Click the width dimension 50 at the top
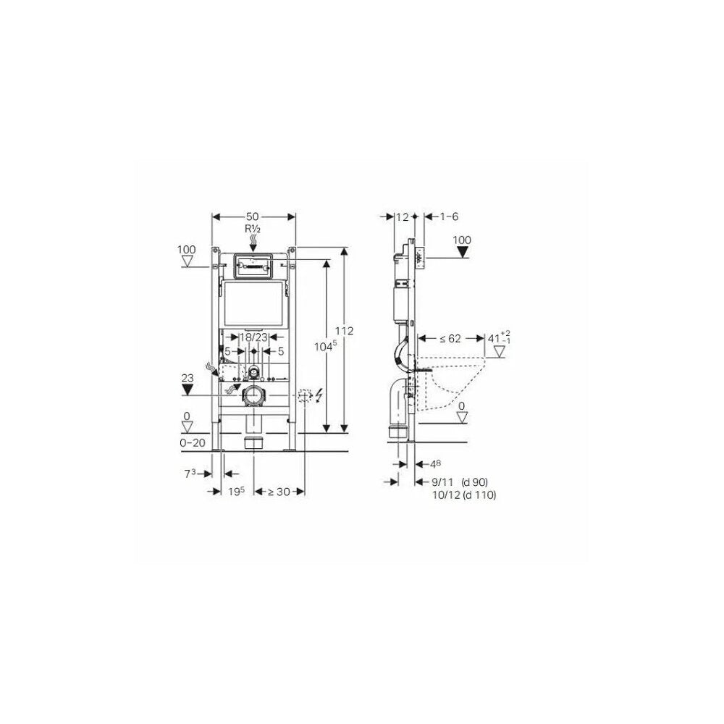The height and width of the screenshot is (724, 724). click(252, 216)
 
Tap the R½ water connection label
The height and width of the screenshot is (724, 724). click(253, 229)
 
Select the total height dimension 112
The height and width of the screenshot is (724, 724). click(344, 331)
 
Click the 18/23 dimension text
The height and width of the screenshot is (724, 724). click(253, 337)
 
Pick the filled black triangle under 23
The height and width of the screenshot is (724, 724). click(187, 390)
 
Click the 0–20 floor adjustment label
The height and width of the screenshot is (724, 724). click(193, 443)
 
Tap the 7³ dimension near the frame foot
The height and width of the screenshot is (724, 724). click(190, 473)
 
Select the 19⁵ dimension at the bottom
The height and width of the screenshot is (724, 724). click(237, 492)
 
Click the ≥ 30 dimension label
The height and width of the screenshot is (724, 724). click(277, 492)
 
